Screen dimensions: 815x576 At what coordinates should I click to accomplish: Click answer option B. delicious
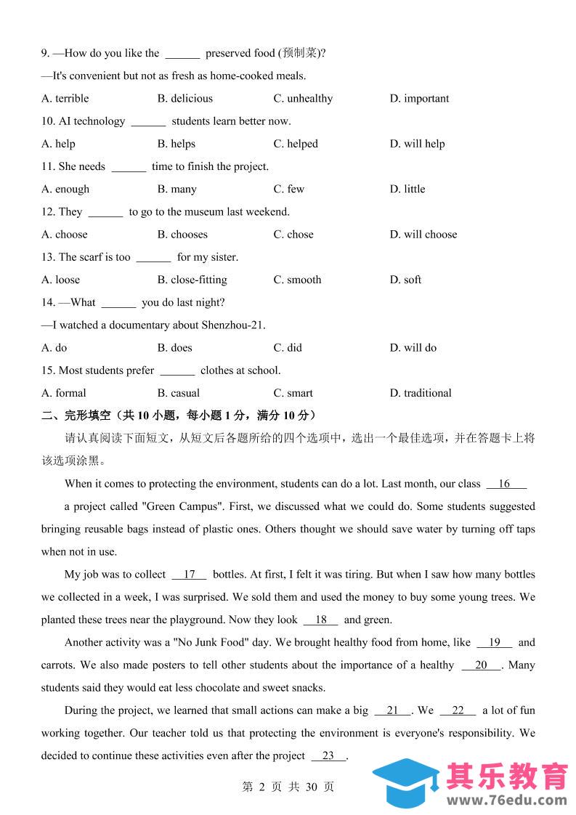tap(185, 99)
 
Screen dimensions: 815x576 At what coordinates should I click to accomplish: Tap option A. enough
tap(65, 190)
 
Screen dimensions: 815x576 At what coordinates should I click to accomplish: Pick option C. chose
tap(293, 235)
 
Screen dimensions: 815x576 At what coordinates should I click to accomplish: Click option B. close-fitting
tap(192, 280)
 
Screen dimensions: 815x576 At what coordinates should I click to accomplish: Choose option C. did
tap(288, 348)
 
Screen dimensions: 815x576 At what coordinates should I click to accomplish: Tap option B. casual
tap(179, 393)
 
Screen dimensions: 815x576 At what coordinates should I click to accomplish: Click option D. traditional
tap(421, 393)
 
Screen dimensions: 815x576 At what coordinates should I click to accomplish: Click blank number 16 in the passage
tap(505, 484)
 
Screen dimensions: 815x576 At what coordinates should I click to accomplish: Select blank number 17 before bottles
tap(190, 575)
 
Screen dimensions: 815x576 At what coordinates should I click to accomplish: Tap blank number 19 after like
tap(495, 643)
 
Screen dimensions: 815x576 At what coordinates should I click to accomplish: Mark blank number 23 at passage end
tap(328, 756)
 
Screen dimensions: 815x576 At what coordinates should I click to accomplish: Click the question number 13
tap(48, 257)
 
